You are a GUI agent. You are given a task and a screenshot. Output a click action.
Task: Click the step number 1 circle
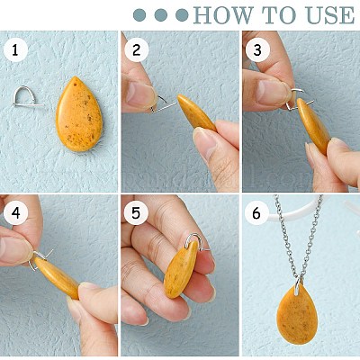[15, 50]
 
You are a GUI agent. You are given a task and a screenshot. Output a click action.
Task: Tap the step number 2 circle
[137, 50]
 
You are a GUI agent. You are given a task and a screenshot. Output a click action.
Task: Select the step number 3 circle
[257, 50]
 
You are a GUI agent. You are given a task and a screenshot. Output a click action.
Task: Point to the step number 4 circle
[15, 213]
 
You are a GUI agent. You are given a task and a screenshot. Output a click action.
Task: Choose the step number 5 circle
[136, 213]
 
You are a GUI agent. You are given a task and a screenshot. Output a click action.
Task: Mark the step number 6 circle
[256, 213]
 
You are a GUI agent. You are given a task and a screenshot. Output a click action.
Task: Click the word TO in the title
[280, 15]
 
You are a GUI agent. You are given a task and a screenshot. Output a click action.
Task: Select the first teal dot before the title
[139, 15]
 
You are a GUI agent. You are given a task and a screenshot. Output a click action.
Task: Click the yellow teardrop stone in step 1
[79, 114]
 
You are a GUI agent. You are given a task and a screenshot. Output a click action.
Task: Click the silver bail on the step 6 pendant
[297, 283]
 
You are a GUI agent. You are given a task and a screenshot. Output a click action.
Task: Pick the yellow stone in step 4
[57, 278]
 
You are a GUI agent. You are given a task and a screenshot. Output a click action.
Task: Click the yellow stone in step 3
[313, 125]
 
